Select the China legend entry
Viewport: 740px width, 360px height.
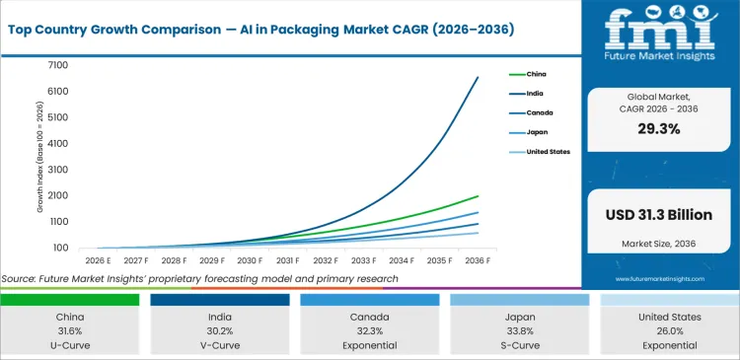(x=535, y=74)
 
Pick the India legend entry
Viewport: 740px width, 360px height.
(x=534, y=94)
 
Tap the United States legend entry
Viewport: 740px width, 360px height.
(x=547, y=152)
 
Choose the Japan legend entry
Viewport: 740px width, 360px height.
(x=536, y=132)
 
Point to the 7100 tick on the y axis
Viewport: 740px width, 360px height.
(x=56, y=65)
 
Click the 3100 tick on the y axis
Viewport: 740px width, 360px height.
(x=56, y=170)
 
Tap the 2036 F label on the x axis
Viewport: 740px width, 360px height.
(x=478, y=260)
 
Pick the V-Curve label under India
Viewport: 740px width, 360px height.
(x=220, y=345)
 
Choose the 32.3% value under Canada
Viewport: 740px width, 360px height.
(x=368, y=330)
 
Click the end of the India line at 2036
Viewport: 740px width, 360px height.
(x=478, y=78)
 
